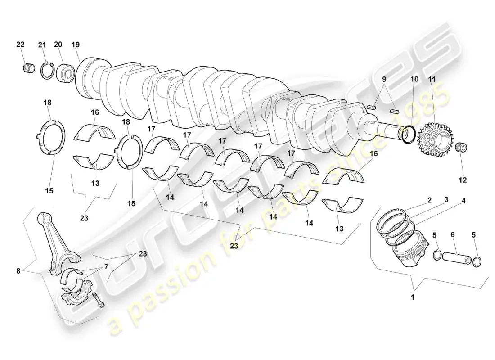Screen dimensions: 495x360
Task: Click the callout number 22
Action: click(20, 45)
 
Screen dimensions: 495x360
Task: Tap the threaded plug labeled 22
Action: click(29, 68)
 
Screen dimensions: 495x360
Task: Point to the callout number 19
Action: click(76, 45)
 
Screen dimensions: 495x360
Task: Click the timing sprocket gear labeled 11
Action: click(436, 139)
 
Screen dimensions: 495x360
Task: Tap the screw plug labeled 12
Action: click(462, 147)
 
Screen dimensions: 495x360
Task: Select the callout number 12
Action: click(463, 180)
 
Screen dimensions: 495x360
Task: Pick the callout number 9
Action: click(384, 79)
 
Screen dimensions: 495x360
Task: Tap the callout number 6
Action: click(452, 234)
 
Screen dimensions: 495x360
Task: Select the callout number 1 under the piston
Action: click(412, 297)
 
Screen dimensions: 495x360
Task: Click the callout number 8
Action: click(18, 270)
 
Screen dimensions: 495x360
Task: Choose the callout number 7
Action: click(106, 266)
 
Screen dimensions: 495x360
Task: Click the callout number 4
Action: click(463, 201)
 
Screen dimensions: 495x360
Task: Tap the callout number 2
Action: click(429, 200)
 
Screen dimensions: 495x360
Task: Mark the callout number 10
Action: click(414, 79)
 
